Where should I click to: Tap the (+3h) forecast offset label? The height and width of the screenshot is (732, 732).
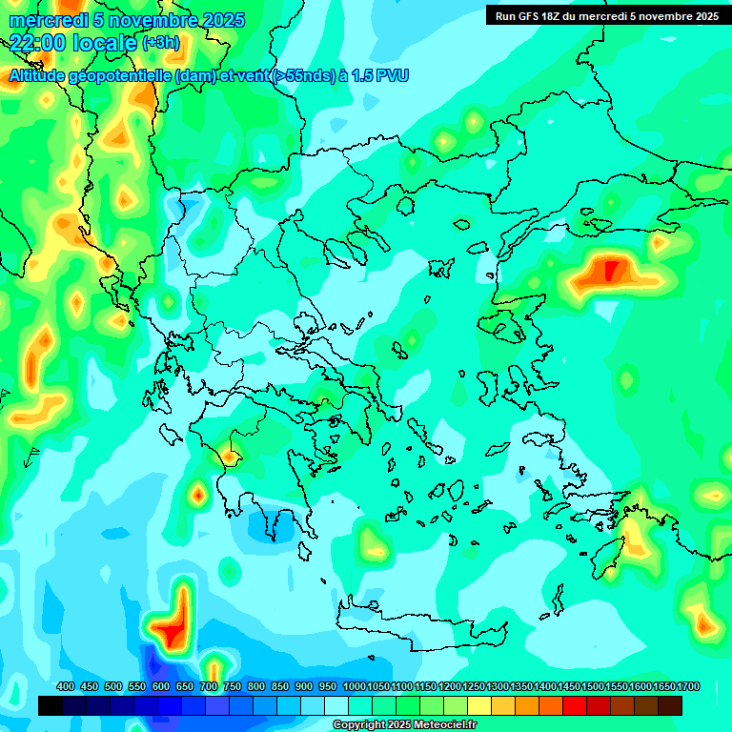tap(160, 43)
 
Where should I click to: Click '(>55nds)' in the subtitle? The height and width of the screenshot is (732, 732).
tap(298, 75)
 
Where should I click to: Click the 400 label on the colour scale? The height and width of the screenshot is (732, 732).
tap(66, 686)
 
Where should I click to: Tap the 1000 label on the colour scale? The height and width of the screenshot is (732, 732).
tap(355, 686)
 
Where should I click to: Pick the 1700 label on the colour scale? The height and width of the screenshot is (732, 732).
tap(688, 686)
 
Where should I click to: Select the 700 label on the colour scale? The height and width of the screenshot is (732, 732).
tap(208, 686)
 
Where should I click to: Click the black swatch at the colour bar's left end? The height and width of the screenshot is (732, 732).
tap(51, 705)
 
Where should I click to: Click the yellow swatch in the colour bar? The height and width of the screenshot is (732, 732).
tap(479, 705)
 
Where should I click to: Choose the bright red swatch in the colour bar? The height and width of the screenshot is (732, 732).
tap(575, 705)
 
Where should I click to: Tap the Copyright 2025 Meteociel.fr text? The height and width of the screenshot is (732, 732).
tap(405, 725)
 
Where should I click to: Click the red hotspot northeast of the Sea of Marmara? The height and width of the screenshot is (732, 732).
tap(611, 270)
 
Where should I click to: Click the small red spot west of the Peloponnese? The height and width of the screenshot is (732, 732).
tap(198, 494)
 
